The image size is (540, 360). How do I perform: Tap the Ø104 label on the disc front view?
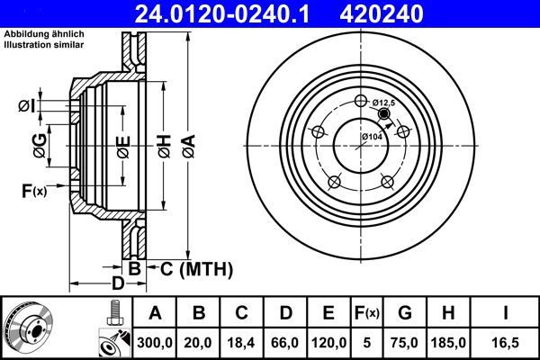pos(372,137)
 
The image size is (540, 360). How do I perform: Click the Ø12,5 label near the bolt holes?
pos(384,103)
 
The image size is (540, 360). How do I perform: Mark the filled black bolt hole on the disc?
pos(384,114)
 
